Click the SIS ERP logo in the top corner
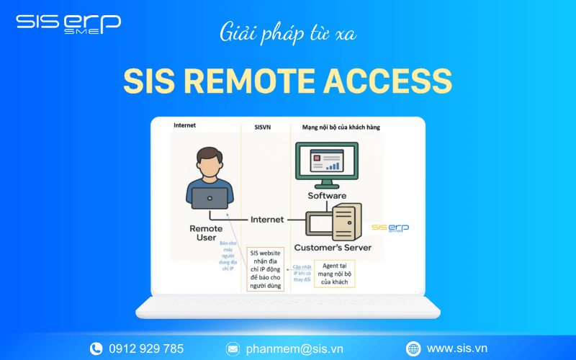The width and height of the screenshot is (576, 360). pyautogui.click(x=68, y=23)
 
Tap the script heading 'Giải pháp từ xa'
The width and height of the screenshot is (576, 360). pyautogui.click(x=287, y=34)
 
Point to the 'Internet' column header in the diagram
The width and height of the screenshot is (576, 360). pyautogui.click(x=184, y=126)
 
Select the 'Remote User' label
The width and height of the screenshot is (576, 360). pyautogui.click(x=206, y=233)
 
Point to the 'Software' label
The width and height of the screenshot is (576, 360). pyautogui.click(x=327, y=195)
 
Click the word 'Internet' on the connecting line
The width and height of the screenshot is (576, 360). pyautogui.click(x=267, y=219)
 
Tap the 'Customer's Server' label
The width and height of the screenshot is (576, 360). pyautogui.click(x=338, y=248)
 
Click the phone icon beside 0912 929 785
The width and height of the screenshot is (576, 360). pyautogui.click(x=96, y=348)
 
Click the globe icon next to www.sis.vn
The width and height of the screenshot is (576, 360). pyautogui.click(x=413, y=348)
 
